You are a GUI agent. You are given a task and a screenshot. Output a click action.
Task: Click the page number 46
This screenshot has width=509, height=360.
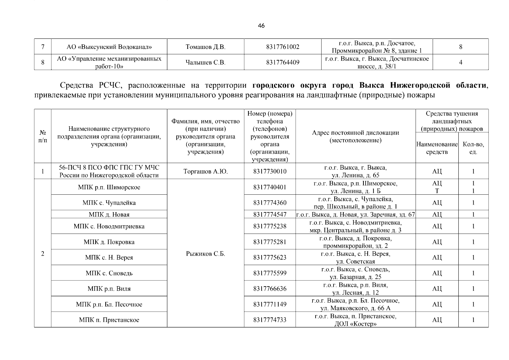(x=261, y=26)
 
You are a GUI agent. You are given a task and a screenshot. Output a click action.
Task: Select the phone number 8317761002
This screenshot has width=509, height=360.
(x=283, y=47)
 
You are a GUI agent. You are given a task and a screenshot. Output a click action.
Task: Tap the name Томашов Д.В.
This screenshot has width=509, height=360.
(x=205, y=47)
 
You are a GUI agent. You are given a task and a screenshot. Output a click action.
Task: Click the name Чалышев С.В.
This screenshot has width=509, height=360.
(x=205, y=62)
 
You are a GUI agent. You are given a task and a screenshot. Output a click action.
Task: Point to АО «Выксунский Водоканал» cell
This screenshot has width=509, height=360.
(x=109, y=47)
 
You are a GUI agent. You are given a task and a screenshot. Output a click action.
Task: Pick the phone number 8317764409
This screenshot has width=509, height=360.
(x=283, y=62)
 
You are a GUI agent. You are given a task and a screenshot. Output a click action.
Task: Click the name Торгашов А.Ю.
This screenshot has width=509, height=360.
(x=205, y=171)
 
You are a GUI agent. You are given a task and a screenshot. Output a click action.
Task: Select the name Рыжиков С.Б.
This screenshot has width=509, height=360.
(x=205, y=254)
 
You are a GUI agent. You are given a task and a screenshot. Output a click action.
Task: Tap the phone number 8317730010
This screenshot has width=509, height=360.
(x=270, y=171)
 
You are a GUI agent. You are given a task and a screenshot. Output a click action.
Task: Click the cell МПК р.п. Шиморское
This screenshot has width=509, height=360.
(x=109, y=187)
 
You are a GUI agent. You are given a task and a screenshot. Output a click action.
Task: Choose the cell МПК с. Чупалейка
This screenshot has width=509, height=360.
(x=109, y=203)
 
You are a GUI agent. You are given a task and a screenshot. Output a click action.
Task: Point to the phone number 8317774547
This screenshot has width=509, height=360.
(x=270, y=214)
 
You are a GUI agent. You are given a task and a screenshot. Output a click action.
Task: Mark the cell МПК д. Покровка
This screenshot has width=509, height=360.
(x=109, y=242)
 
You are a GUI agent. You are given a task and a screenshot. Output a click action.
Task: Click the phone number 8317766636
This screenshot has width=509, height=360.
(x=270, y=289)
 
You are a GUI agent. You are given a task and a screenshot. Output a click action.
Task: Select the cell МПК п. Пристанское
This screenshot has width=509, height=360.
(x=109, y=320)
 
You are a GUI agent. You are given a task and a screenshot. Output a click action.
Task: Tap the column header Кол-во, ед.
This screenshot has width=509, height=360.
(x=473, y=148)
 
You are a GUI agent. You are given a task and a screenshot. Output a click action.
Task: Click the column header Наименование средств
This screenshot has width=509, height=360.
(x=437, y=148)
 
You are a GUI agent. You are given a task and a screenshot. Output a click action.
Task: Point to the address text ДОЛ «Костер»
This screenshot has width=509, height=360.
(x=355, y=324)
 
